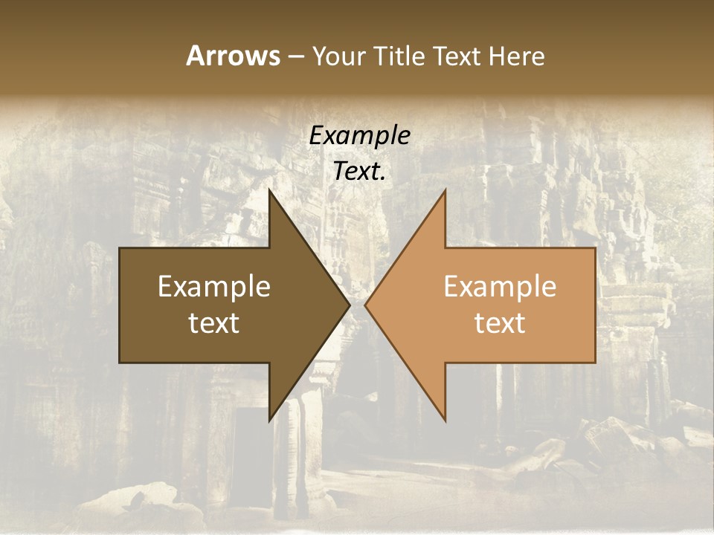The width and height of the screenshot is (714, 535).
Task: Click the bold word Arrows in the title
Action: click(x=233, y=56)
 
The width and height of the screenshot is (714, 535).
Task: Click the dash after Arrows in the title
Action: click(x=295, y=57)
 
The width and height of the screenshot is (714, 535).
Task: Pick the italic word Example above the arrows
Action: click(x=360, y=136)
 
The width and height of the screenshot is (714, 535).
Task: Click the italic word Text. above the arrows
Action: click(x=360, y=172)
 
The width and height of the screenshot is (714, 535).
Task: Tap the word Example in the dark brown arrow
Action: click(x=214, y=287)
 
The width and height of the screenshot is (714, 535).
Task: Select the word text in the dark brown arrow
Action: click(x=214, y=322)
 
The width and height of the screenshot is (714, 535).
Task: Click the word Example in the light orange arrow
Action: click(x=500, y=287)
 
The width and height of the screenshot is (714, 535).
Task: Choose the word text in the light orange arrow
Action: click(x=500, y=322)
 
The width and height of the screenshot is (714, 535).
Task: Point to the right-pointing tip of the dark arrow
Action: click(x=350, y=305)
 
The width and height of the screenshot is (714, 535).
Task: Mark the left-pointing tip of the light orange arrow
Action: click(x=365, y=305)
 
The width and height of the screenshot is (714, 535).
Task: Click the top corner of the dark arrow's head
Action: click(x=269, y=189)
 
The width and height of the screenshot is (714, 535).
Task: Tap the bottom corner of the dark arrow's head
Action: click(x=269, y=421)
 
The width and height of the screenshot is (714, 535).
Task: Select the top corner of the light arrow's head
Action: click(x=445, y=189)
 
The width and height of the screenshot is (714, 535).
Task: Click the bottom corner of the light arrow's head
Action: click(x=445, y=421)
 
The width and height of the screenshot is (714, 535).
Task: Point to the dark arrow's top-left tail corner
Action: click(x=120, y=248)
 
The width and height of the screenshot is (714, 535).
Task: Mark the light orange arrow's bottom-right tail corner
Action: click(x=595, y=362)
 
